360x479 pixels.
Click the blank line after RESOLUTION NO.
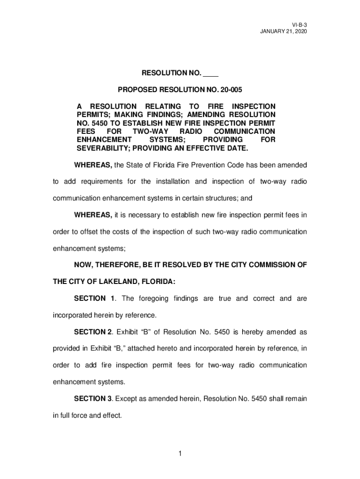(211, 74)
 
